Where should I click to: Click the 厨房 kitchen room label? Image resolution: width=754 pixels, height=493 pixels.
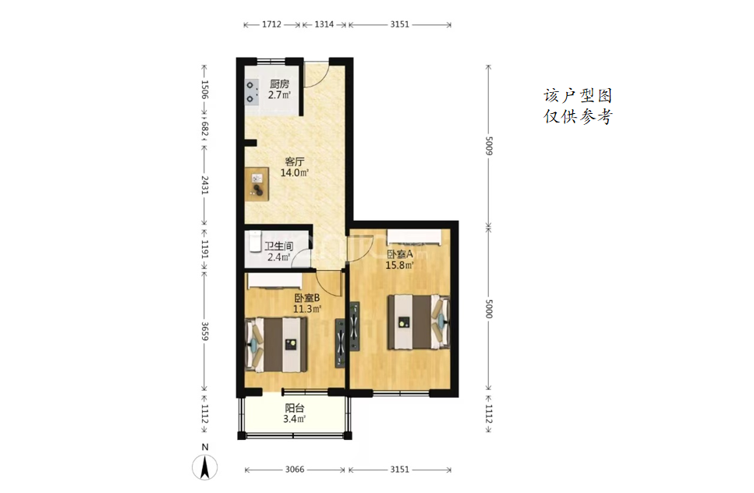[x=279, y=84]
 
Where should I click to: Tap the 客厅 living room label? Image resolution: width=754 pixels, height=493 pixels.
[x=294, y=161]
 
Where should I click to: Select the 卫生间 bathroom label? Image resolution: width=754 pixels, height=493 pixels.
[x=279, y=247]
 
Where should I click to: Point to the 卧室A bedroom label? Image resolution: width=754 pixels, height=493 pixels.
[x=400, y=254]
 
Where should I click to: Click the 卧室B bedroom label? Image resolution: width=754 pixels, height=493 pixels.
[x=307, y=298]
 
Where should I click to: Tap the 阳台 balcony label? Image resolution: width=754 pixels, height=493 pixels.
[x=294, y=408]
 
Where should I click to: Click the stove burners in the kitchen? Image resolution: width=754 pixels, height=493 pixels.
[x=250, y=92]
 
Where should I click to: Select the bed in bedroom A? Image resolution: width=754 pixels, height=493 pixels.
[x=419, y=321]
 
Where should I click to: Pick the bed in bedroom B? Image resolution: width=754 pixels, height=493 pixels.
[x=277, y=344]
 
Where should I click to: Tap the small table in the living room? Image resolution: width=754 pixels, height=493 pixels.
[x=257, y=184]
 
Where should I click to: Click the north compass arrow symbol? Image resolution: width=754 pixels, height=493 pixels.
[x=205, y=466]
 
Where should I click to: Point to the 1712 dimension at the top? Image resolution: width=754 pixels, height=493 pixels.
[x=271, y=24]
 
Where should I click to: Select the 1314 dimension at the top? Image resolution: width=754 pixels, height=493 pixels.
[x=324, y=24]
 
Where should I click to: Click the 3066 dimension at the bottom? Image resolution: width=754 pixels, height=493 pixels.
[x=294, y=470]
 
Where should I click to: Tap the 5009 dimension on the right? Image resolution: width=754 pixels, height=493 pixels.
[x=489, y=146]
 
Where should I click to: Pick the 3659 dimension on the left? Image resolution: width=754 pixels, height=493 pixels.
[x=204, y=331]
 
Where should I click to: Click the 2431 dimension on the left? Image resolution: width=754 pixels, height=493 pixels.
[x=204, y=185]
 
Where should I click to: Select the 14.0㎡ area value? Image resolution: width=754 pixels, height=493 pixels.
[x=294, y=172]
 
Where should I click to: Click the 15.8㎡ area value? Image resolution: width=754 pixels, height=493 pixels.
[x=399, y=265]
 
